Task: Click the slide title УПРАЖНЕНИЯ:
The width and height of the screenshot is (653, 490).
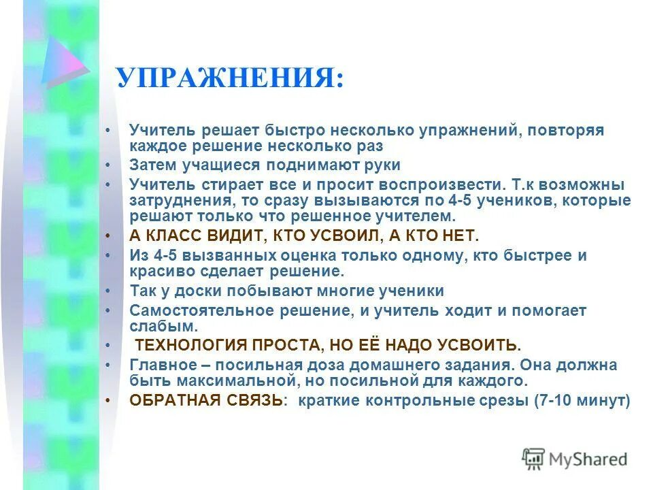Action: pyautogui.click(x=229, y=79)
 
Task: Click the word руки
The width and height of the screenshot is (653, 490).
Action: pyautogui.click(x=382, y=165)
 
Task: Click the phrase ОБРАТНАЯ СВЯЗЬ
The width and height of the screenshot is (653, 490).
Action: pyautogui.click(x=206, y=400)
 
